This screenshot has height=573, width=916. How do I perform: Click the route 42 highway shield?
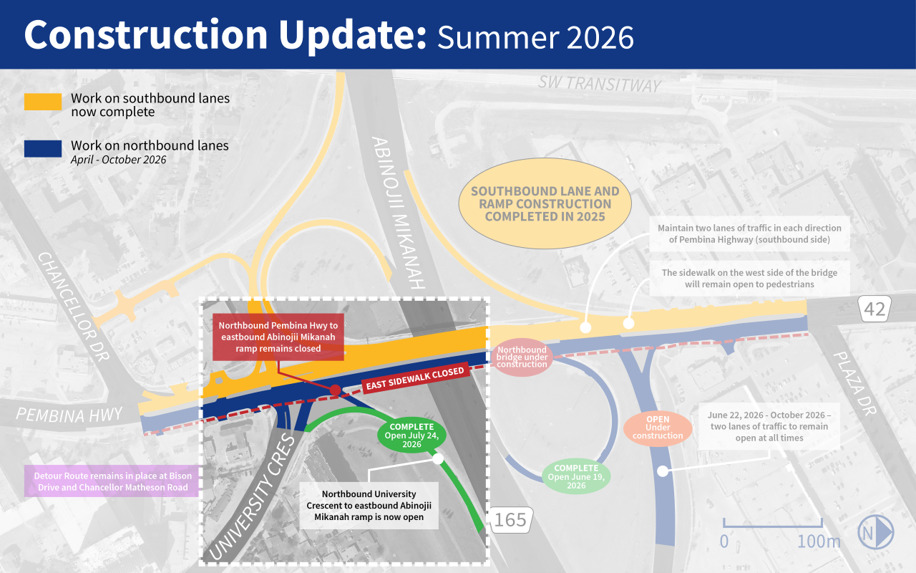[x=874, y=309]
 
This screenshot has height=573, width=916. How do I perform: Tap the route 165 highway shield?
[x=510, y=520]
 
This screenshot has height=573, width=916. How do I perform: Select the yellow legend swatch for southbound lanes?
[x=43, y=102]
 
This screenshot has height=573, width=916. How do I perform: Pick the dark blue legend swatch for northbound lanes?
[x=43, y=149]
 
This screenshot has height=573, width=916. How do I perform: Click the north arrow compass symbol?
[x=875, y=532]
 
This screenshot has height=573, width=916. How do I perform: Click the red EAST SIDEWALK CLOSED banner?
[x=415, y=378]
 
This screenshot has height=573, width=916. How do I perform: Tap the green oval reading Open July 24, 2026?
[x=411, y=435]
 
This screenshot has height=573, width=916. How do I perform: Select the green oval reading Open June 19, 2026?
[x=576, y=476]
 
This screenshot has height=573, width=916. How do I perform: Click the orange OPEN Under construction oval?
[x=658, y=428]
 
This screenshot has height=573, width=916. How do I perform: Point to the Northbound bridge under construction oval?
[x=522, y=357]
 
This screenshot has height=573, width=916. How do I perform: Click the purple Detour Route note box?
[x=111, y=481]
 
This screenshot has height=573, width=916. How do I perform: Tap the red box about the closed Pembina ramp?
[x=278, y=337]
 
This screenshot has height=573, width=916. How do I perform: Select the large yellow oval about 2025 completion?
[x=545, y=203]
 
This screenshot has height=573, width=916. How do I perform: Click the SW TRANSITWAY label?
[x=599, y=84]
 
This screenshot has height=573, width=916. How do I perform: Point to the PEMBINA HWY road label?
[x=69, y=415]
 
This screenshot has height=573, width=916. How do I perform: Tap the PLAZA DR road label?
[x=855, y=383]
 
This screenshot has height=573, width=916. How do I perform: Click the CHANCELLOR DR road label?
[x=74, y=307]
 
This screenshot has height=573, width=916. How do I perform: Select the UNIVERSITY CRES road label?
[x=252, y=497]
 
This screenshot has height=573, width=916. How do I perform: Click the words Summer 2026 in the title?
[x=536, y=38]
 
